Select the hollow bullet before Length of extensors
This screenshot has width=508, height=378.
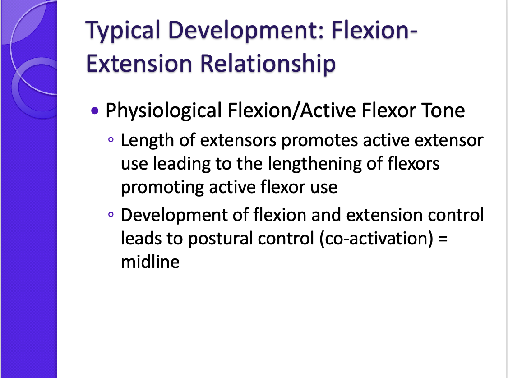(x=111, y=141)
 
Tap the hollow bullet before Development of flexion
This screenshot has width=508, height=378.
(x=111, y=216)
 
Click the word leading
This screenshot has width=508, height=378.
(x=183, y=164)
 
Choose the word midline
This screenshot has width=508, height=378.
(x=150, y=262)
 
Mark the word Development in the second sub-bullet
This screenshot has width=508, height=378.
(x=184, y=216)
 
